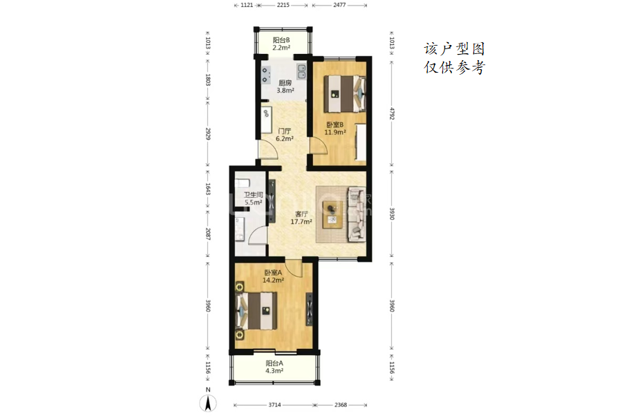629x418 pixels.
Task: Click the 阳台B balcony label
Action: pos(281,40)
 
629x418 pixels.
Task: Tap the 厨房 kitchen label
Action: pos(285,83)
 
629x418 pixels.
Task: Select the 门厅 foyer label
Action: pos(284,131)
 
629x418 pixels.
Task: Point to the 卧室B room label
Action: pos(335,125)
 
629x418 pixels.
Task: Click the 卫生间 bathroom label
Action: pos(254,195)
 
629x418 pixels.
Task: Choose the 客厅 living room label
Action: pos(301,214)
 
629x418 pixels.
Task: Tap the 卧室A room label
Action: pos(273,272)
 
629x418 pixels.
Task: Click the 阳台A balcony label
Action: pos(274,363)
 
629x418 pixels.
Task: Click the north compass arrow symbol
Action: pos(208,403)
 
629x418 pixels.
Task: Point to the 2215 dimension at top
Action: pos(283,6)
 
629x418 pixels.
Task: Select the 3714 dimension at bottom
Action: pos(275,405)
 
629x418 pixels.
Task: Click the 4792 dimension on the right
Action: pos(392,113)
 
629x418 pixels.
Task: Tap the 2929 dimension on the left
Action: pos(208,134)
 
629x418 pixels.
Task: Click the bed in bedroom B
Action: pos(345,94)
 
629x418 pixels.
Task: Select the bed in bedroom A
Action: pos(256,311)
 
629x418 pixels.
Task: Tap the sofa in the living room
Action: pos(357,214)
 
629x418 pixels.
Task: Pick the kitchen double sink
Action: pos(301,72)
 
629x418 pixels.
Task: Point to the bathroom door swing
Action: pos(258,235)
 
